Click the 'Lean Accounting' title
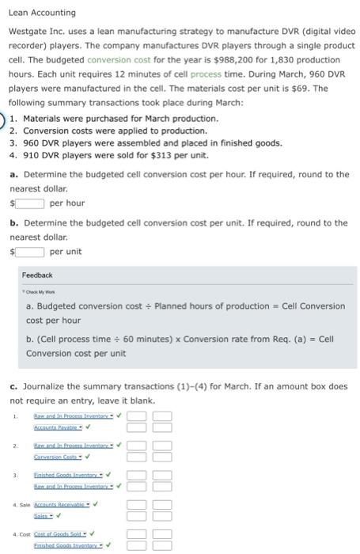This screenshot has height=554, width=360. (42, 13)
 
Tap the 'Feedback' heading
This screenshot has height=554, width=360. (37, 275)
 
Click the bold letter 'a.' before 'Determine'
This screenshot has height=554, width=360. (13, 174)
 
